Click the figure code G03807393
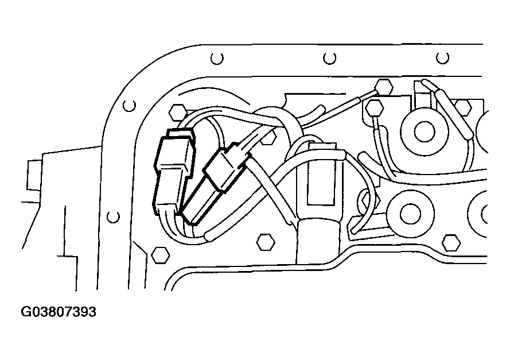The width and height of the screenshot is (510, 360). pos(59,312)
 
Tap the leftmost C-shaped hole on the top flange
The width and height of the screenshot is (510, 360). pos(217,59)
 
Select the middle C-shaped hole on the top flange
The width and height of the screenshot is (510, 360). pos(329,58)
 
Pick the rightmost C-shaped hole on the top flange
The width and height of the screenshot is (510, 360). pos(442,58)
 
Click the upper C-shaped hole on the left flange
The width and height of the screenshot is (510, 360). pos(129,105)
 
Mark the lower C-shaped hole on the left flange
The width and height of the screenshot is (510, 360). pos(113,217)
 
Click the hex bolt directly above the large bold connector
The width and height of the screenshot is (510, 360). pos(178,113)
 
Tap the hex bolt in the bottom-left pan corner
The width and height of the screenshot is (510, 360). pos(161,254)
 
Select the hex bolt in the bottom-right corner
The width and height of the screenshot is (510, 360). pos(451,243)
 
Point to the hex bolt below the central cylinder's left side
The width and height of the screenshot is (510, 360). pos(266,242)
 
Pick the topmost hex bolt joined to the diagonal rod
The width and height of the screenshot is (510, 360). pos(383,87)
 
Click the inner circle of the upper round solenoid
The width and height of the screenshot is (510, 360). pos(425,131)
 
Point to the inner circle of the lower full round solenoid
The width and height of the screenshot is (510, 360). pos(410,214)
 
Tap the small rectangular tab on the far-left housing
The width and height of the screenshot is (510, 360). pos(34,175)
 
